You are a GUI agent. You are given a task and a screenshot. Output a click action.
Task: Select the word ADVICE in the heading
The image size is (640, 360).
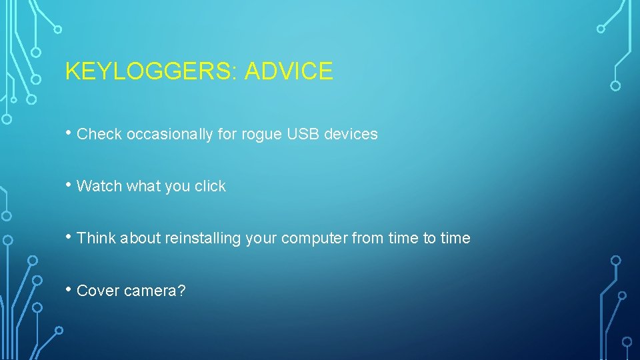289,71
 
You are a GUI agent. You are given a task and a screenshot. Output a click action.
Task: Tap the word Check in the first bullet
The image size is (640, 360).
99,134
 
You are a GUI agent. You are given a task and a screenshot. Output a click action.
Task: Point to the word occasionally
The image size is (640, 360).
170,134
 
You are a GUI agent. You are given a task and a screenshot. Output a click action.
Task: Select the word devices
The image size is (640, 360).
351,134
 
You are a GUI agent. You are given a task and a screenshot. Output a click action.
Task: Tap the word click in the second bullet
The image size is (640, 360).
210,186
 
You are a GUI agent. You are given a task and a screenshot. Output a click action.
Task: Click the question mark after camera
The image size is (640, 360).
181,291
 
